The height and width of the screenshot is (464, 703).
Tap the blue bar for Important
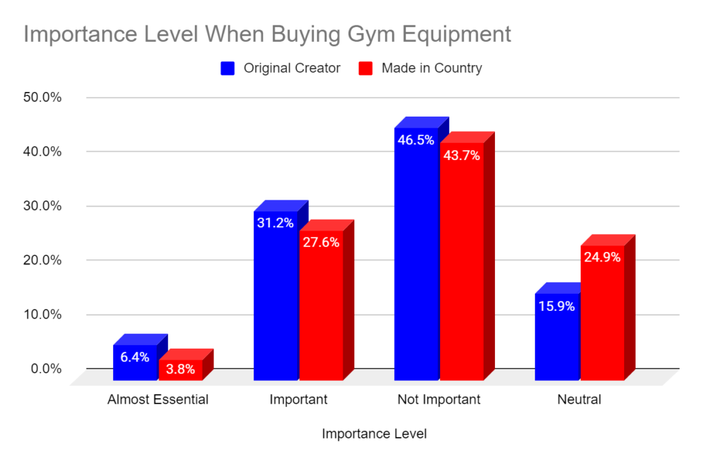tap(275, 295)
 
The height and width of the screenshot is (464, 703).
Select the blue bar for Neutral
tap(557, 336)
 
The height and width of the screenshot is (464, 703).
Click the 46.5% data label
tap(416, 140)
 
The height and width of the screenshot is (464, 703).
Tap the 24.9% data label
tap(602, 257)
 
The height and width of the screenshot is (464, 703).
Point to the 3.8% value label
tap(181, 369)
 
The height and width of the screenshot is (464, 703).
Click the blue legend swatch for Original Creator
tap(228, 68)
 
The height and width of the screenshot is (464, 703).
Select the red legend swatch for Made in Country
tap(366, 68)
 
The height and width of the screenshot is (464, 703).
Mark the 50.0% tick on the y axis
tap(43, 97)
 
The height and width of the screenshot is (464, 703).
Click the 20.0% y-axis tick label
tap(43, 261)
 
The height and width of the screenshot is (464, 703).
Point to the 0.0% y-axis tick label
tap(46, 369)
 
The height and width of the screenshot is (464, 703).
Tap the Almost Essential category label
tap(158, 399)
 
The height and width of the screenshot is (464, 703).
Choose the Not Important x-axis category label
tap(439, 399)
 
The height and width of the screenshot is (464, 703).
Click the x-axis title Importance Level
tap(374, 434)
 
